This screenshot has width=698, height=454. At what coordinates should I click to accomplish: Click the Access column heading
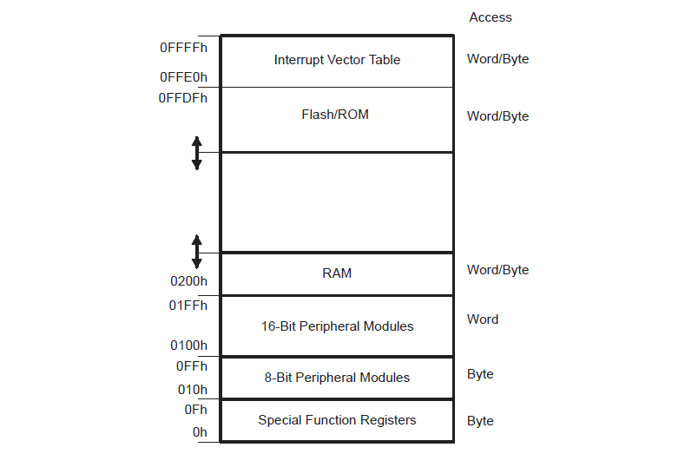491,17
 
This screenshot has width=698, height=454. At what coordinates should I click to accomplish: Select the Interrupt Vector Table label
337,60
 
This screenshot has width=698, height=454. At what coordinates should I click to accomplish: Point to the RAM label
337,273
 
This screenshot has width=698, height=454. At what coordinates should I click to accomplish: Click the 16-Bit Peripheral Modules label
337,326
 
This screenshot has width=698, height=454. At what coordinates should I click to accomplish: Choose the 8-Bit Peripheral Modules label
337,378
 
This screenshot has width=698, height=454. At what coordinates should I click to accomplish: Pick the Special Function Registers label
337,420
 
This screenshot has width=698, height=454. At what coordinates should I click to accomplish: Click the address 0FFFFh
183,49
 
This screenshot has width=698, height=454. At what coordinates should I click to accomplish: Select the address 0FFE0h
183,77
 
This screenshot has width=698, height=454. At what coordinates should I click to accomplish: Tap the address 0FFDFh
183,98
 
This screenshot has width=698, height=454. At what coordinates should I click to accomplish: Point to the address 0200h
188,281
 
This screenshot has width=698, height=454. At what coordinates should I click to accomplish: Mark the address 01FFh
188,306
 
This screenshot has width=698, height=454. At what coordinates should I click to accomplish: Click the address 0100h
188,345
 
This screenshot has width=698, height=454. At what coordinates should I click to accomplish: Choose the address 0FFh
191,366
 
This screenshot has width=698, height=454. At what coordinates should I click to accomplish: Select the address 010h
193,389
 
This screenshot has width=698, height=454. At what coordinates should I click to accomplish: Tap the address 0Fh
195,409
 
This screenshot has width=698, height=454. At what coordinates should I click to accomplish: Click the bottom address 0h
200,431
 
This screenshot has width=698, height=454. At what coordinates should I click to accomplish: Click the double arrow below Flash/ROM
196,153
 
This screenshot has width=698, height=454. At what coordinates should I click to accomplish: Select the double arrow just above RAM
196,251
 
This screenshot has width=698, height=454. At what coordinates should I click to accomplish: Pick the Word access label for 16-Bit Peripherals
483,319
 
